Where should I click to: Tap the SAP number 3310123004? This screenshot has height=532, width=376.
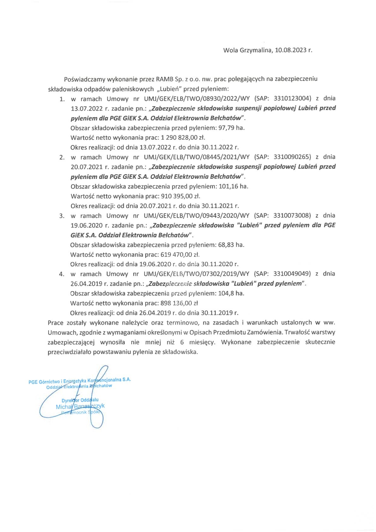[x=293, y=98]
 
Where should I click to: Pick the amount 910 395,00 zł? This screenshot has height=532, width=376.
[x=180, y=196]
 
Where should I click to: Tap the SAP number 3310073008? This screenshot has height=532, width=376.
[x=292, y=216]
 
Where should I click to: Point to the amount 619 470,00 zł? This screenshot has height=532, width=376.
[x=180, y=254]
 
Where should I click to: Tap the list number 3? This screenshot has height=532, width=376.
[x=62, y=216]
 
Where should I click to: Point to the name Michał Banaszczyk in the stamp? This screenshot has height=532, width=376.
[x=80, y=407]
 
